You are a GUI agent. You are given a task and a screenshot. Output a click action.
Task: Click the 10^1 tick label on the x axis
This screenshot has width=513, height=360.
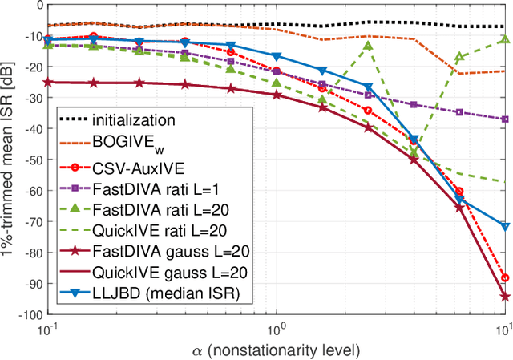coord(503,330)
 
